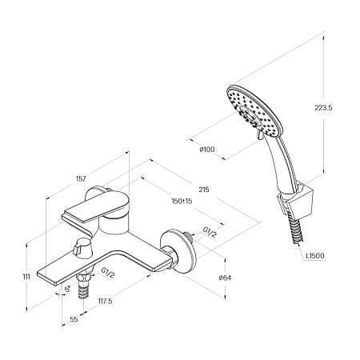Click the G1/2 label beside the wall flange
click(x=210, y=233)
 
